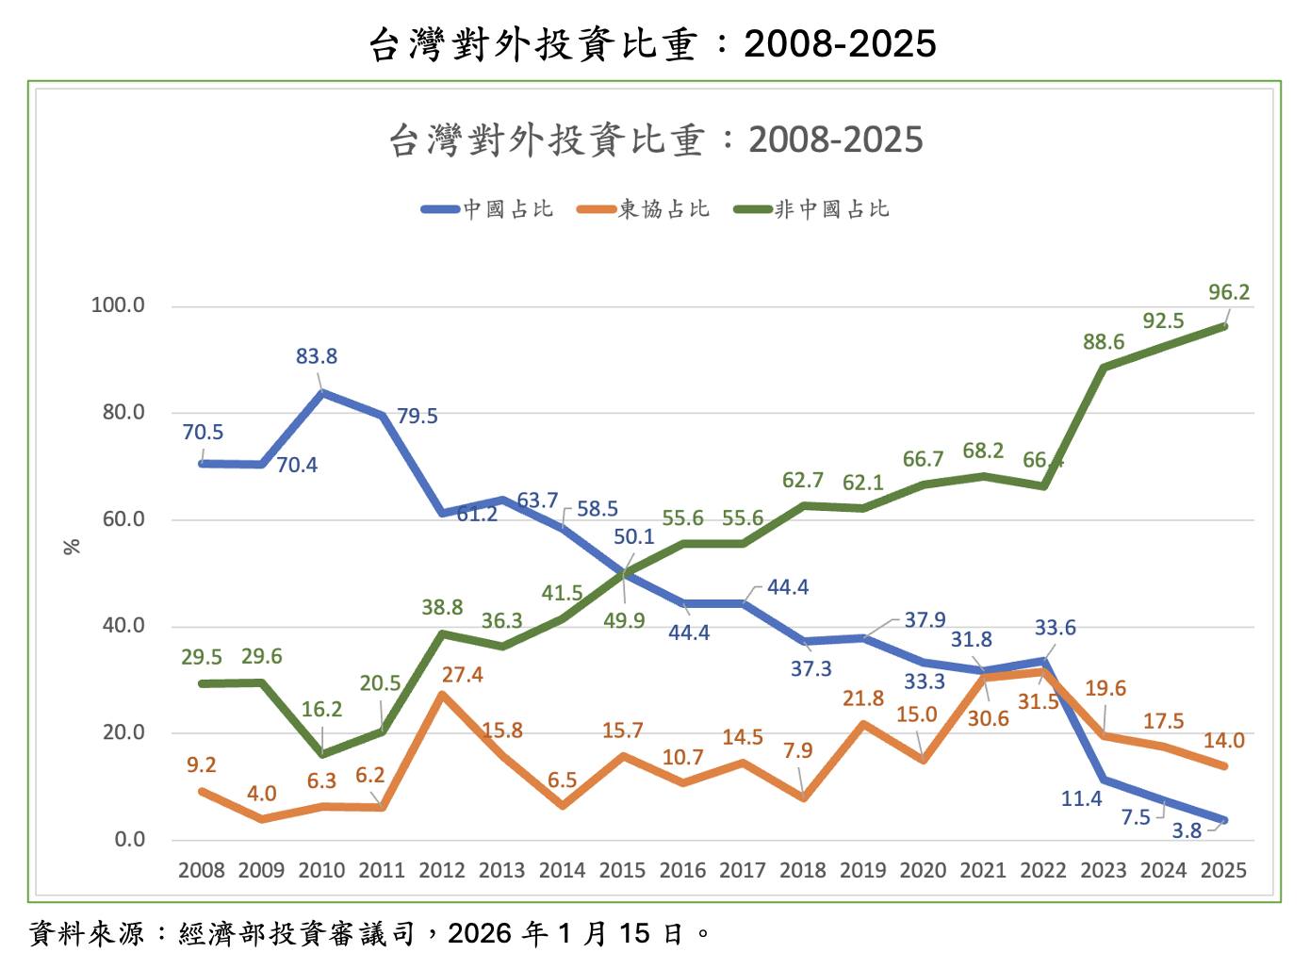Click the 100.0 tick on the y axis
pos(118,305)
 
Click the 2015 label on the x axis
pos(622,870)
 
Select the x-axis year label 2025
pos(1223,870)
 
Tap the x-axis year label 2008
pos(201,870)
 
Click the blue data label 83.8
pos(317,356)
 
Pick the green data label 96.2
pos(1229,292)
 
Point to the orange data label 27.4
pos(462,675)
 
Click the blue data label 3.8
pos(1187,830)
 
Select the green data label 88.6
pos(1104,342)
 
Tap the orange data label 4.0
pos(261,794)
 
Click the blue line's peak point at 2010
pos(322,392)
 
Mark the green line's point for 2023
pos(1104,367)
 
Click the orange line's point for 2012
pos(442,695)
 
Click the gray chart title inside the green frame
pos(655,140)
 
